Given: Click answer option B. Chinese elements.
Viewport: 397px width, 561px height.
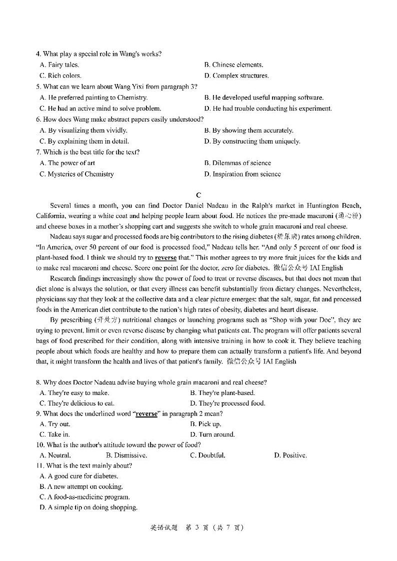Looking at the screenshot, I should [x=233, y=64].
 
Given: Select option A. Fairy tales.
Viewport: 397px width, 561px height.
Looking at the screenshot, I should [x=59, y=64].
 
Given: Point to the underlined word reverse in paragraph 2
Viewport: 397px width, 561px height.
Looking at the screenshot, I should [x=165, y=257].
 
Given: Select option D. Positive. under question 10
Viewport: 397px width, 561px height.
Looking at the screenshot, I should [x=290, y=455].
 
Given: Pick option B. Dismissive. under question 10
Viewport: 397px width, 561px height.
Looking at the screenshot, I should [x=126, y=455].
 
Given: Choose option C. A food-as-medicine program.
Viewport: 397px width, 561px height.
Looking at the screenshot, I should [x=84, y=497].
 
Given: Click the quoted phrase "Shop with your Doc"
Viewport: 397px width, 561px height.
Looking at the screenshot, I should [x=303, y=320].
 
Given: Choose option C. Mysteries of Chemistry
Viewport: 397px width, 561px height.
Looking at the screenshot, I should [x=76, y=174].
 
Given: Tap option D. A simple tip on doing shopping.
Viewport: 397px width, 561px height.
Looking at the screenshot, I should [x=88, y=507].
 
